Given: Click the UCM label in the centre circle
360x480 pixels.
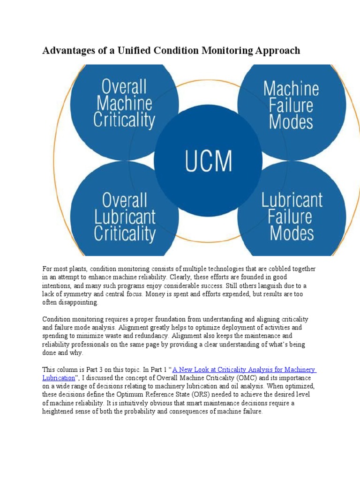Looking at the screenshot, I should [x=208, y=161].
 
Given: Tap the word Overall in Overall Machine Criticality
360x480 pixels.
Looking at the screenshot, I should [x=124, y=87].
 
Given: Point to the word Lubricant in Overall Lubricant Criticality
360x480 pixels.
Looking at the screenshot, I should [x=124, y=217].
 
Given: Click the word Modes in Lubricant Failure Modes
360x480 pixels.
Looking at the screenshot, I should [x=292, y=233].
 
